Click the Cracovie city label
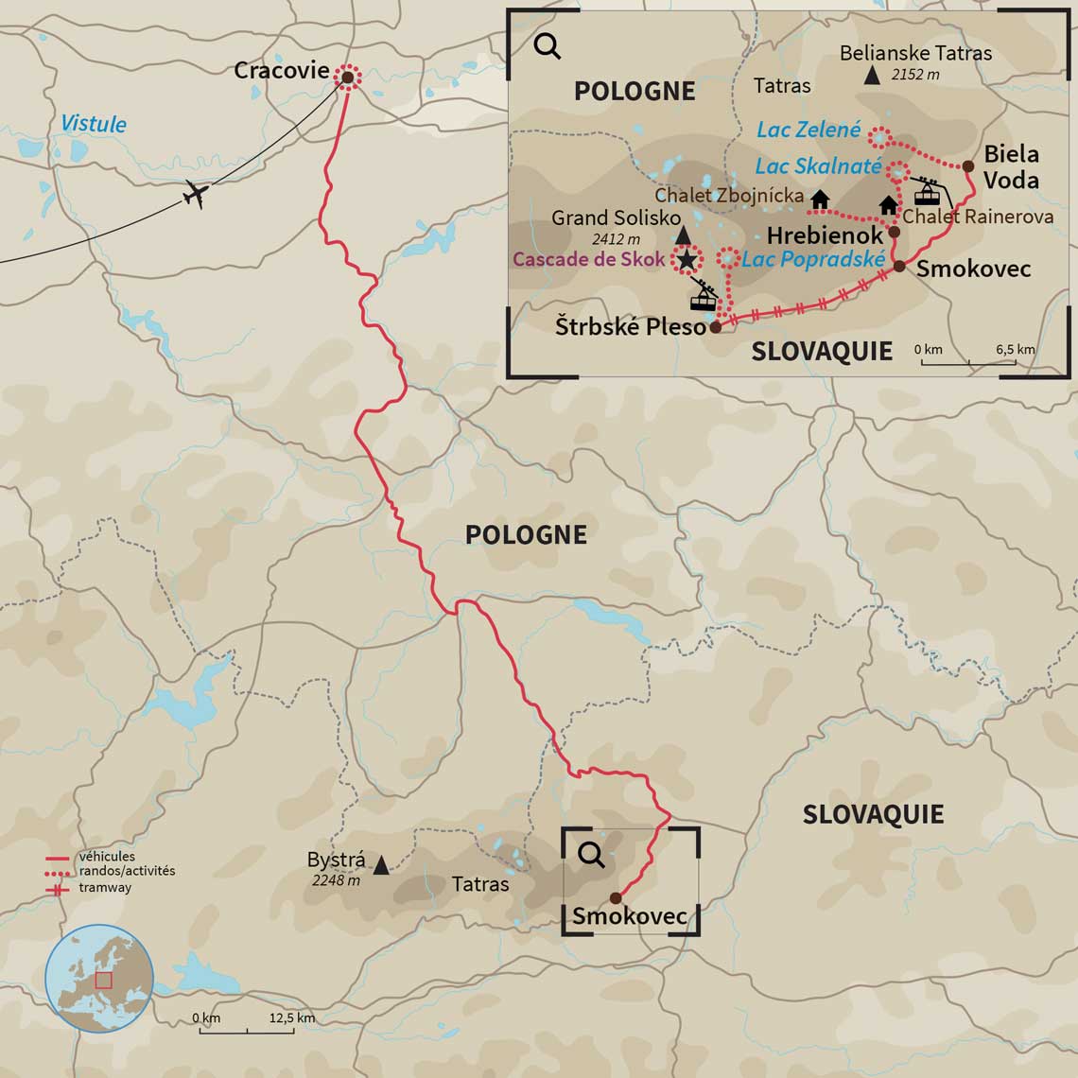coord(281,71)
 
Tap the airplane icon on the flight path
coord(196,194)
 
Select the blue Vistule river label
coord(94,124)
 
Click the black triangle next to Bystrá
coord(380,864)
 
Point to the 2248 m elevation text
coord(336,880)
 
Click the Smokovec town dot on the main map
coord(616,897)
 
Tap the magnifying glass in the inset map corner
coord(547,46)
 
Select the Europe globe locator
coord(99,979)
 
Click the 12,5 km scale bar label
coord(292,1018)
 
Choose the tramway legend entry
coord(105,888)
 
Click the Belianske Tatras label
coord(915,53)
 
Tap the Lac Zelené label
coord(808,130)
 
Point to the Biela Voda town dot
coord(969,166)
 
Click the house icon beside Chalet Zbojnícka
coord(819,199)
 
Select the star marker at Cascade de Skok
coord(687,259)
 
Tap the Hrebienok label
coord(825,235)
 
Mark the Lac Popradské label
coord(813,259)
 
